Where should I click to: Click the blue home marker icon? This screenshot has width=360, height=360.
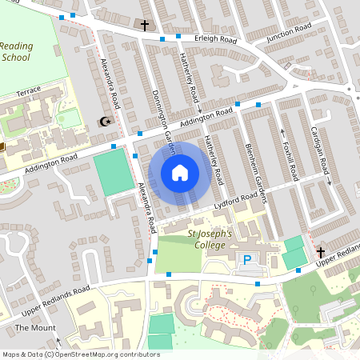point(180,172)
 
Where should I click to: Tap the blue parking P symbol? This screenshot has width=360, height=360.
point(247,259)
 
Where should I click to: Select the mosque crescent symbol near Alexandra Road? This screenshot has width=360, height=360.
point(103,122)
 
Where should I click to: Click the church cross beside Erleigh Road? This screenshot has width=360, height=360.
point(145,26)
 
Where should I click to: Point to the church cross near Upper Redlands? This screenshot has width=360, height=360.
point(322,251)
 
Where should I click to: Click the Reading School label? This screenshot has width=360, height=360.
point(16,51)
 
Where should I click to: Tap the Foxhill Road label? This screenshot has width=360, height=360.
point(292,156)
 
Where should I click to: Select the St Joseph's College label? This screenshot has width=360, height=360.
point(210,239)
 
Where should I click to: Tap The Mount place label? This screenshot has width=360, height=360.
point(34,328)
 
